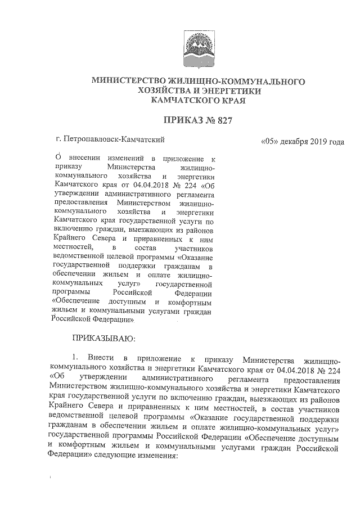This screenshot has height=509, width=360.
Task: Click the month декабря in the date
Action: (x=296, y=141)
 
